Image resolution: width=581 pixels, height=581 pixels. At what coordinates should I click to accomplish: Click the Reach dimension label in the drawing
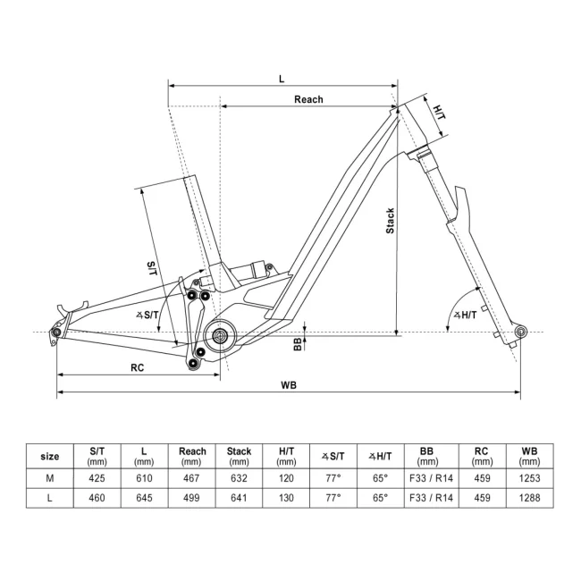[x=308, y=99]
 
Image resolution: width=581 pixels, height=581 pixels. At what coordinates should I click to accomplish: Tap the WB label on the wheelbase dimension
[x=288, y=385]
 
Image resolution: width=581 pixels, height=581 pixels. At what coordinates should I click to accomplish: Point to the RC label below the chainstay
[x=138, y=367]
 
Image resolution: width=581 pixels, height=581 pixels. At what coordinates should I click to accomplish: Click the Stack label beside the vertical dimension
[x=390, y=221]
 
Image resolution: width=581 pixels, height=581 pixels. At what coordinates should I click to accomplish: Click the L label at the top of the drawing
[x=282, y=79]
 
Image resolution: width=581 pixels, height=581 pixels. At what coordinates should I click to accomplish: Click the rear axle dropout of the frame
[x=56, y=333]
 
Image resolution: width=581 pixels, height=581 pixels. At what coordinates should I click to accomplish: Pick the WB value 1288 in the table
[x=529, y=498]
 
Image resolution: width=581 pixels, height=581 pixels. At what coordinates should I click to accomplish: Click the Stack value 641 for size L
[x=240, y=498]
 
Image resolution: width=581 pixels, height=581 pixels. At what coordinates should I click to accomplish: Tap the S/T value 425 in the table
[x=98, y=479]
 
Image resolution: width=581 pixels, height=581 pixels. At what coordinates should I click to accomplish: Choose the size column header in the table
[x=50, y=456]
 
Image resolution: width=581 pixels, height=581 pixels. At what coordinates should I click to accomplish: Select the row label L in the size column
[x=50, y=498]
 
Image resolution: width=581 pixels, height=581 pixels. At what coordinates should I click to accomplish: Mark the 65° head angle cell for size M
[x=379, y=479]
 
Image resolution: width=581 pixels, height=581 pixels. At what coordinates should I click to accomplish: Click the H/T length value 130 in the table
[x=286, y=498]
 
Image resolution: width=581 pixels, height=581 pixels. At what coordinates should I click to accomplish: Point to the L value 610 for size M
[x=144, y=479]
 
